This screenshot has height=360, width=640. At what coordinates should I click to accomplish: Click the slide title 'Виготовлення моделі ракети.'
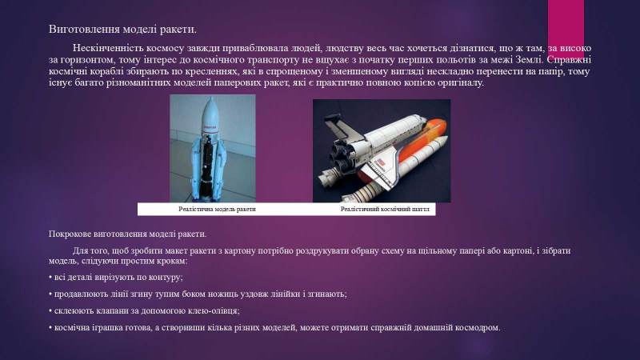[122, 30]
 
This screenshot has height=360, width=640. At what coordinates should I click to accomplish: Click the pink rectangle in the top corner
[566, 26]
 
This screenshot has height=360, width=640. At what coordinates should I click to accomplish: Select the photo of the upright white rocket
[213, 149]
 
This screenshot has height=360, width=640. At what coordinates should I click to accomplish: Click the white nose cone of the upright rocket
[210, 110]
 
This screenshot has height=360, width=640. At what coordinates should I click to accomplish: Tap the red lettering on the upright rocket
[210, 127]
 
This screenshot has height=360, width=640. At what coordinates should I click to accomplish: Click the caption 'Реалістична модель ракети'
[217, 209]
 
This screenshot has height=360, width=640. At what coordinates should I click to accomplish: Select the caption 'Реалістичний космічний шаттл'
[385, 209]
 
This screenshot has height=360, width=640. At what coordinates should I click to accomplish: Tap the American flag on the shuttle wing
[381, 162]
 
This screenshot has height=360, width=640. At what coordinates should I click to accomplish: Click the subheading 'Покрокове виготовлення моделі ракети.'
[127, 234]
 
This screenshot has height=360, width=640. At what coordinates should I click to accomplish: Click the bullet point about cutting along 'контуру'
[116, 278]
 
